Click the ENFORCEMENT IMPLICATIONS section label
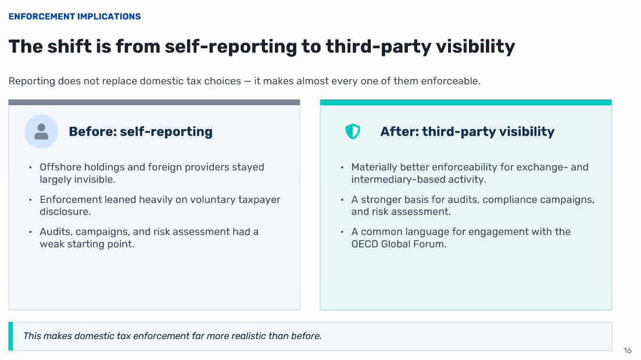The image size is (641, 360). [74, 16]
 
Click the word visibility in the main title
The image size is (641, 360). [475, 46]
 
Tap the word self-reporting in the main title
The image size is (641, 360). [231, 47]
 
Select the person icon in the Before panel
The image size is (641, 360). [41, 131]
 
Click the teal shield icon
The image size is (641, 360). [353, 131]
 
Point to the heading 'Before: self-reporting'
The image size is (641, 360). [141, 131]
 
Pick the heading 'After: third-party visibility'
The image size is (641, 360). [467, 131]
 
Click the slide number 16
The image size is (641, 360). [628, 351]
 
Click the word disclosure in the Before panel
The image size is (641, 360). [64, 212]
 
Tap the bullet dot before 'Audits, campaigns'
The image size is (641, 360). [30, 232]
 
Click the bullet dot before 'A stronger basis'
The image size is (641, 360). [342, 199]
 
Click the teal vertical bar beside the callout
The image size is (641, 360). [10, 336]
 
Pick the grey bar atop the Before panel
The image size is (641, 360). [154, 102]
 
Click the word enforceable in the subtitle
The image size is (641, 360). [449, 81]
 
